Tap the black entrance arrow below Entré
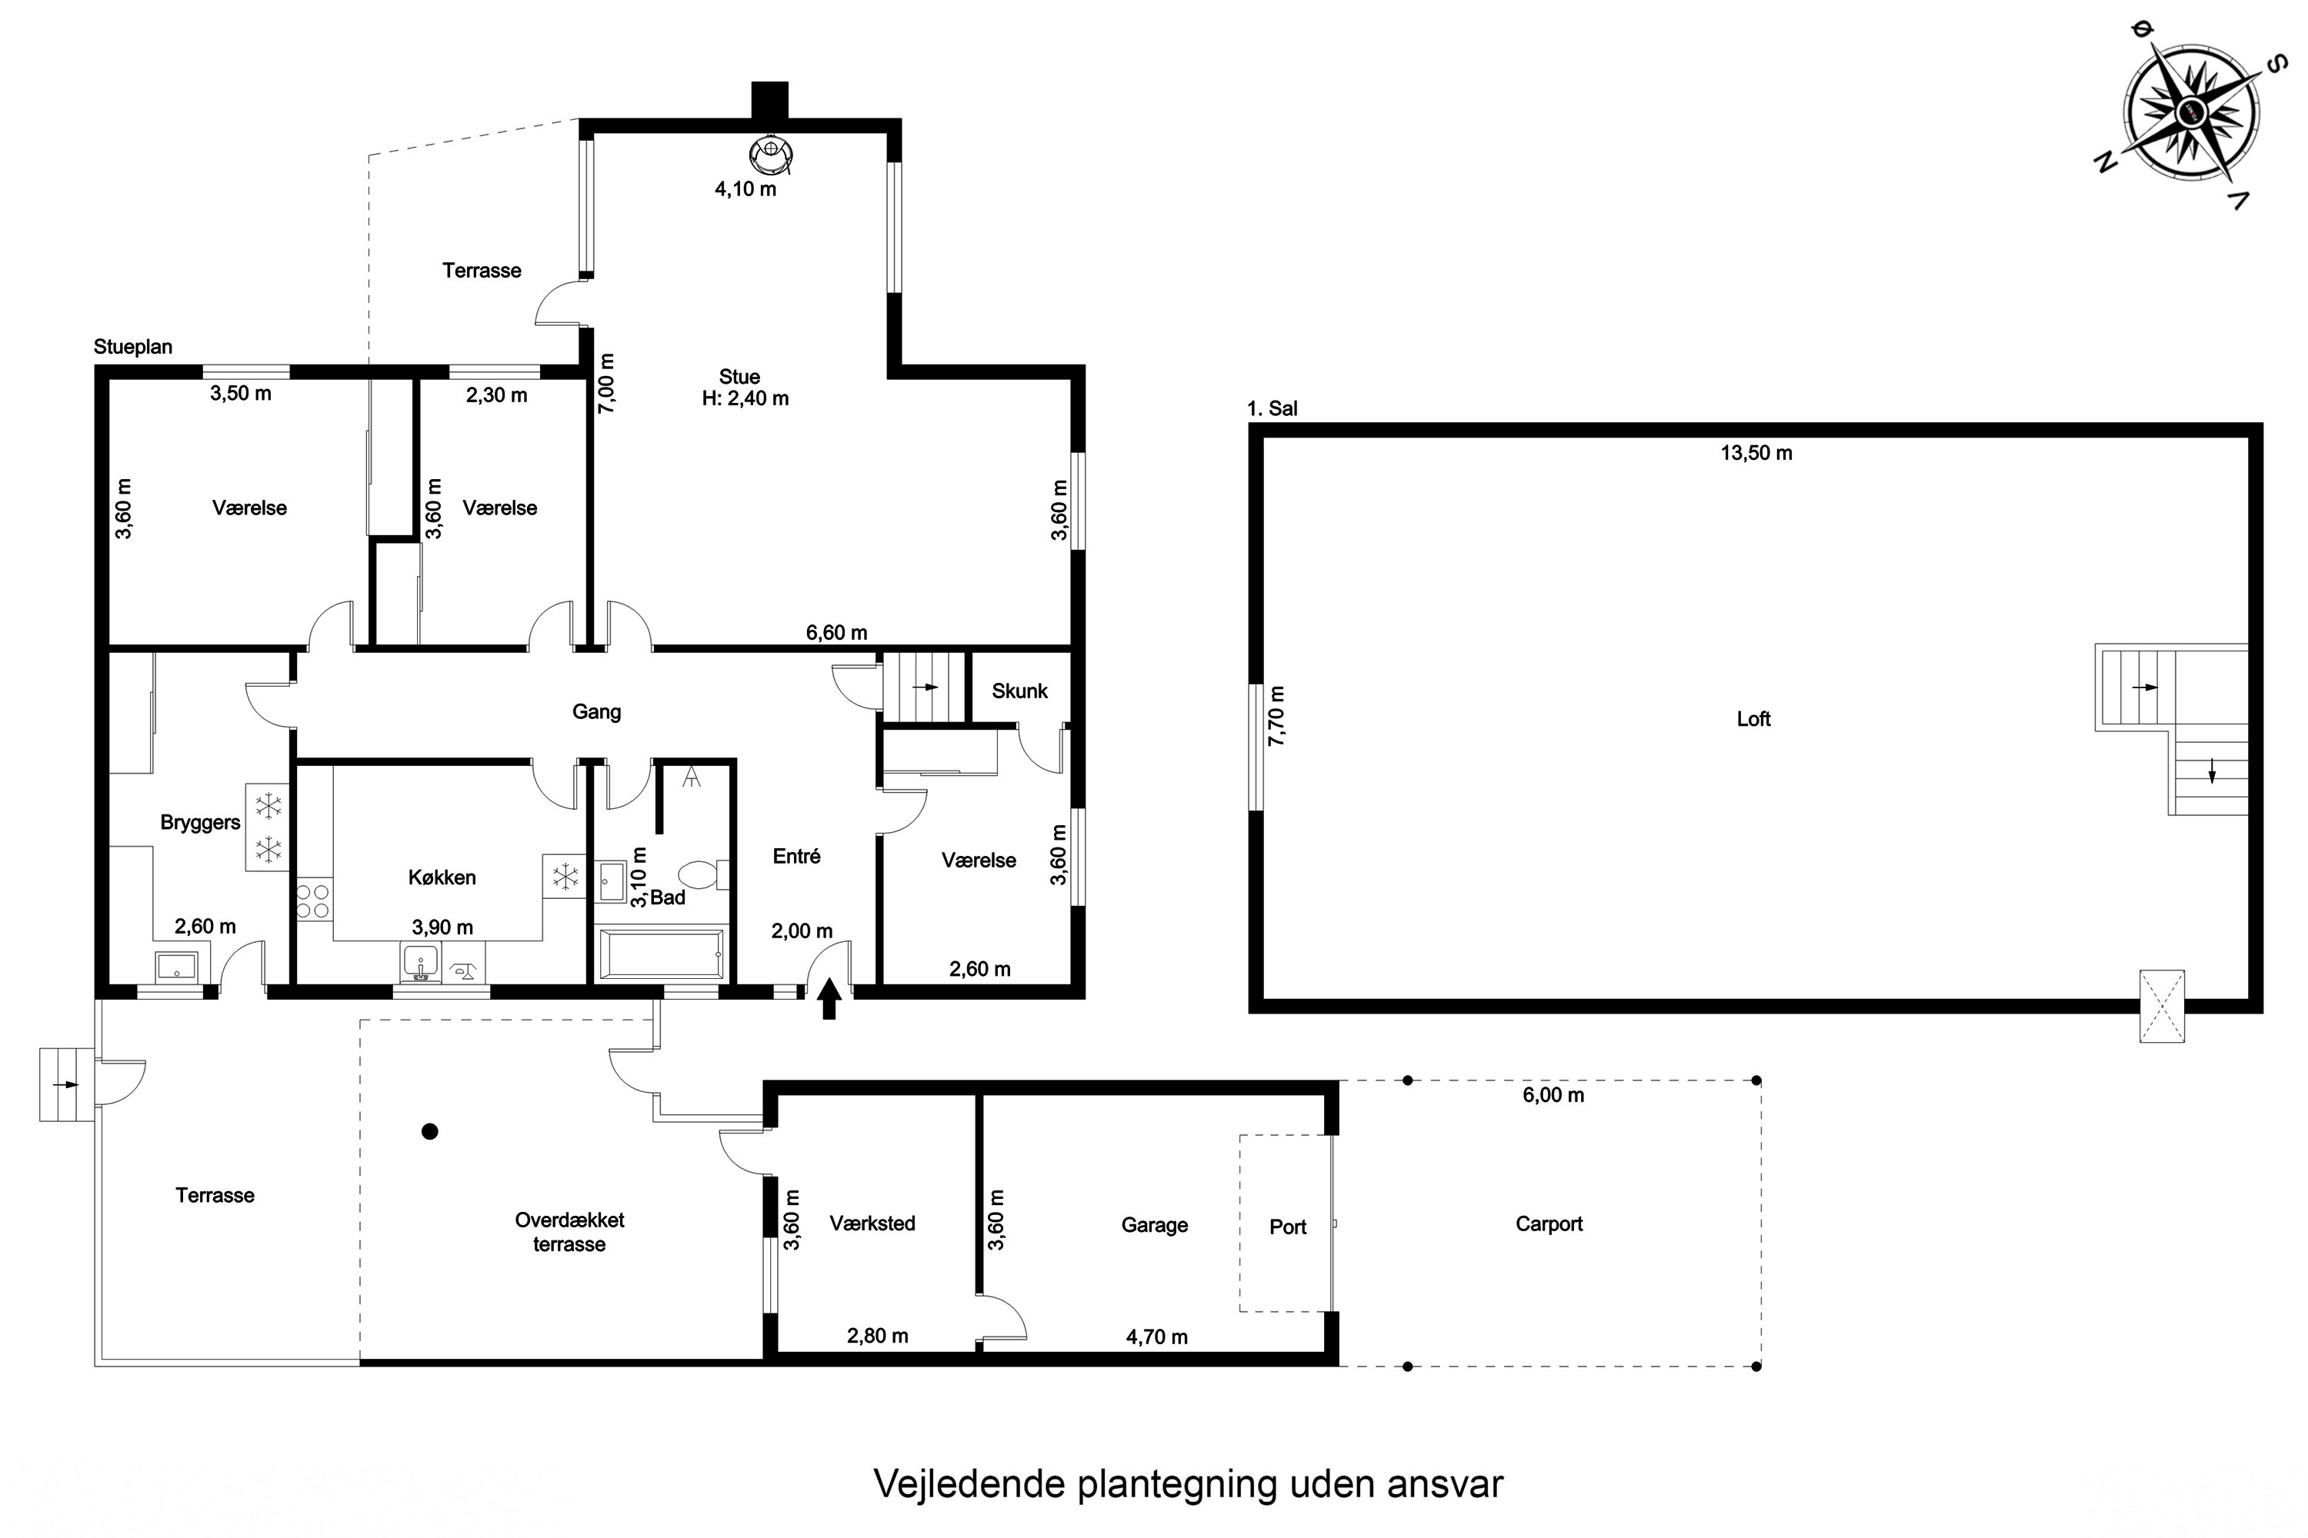click(829, 998)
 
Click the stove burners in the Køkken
click(313, 900)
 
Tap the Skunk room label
click(1019, 691)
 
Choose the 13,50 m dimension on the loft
click(1756, 453)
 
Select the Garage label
click(1154, 1225)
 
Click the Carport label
click(1549, 1224)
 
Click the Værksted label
click(872, 1223)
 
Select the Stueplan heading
click(132, 348)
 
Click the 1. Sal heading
click(1272, 409)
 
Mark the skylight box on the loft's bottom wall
click(2162, 1007)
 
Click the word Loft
click(1753, 719)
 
